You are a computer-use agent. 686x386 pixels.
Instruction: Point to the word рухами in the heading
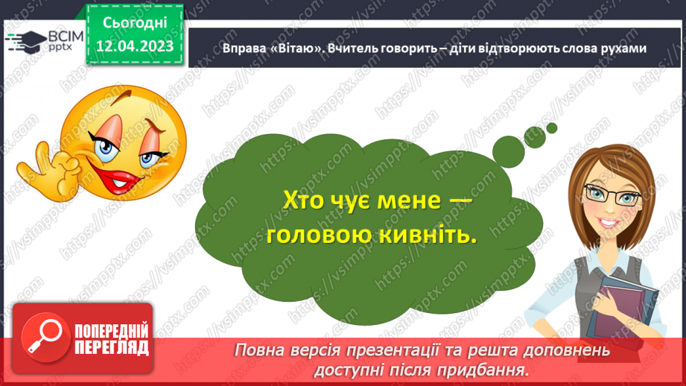pos(620,48)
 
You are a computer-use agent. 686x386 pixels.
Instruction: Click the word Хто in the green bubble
pos(306,200)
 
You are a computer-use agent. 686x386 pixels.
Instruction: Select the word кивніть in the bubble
pos(429,235)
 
